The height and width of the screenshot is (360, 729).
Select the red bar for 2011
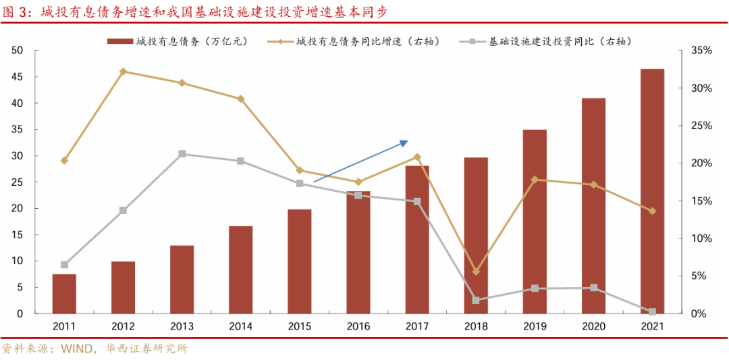[x=64, y=294]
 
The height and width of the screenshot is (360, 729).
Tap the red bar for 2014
[x=240, y=269]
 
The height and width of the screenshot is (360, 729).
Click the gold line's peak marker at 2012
[x=123, y=71]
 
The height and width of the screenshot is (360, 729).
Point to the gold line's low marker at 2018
[x=476, y=272]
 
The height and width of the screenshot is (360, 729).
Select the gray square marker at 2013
[x=182, y=154]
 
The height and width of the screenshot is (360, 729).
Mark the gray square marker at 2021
[x=652, y=312]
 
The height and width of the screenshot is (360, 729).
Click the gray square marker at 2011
[x=64, y=265]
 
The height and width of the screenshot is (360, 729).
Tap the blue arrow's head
[x=405, y=142]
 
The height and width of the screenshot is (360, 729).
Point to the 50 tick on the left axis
[x=18, y=51]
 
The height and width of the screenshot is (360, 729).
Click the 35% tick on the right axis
[x=701, y=51]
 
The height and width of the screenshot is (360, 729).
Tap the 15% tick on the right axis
[x=701, y=201]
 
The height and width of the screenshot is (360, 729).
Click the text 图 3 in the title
[x=18, y=11]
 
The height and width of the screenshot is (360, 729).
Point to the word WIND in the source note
[x=80, y=349]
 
